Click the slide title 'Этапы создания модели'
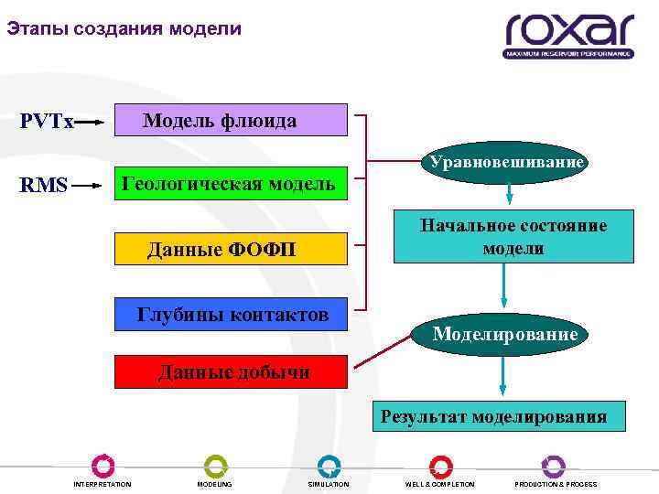click(124, 29)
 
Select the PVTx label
click(47, 122)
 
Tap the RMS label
click(44, 186)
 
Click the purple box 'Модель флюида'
click(231, 121)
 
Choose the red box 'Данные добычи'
click(231, 372)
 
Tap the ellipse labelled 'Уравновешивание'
click(503, 163)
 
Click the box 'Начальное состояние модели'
click(513, 236)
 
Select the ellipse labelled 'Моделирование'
click(504, 335)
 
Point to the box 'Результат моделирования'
click(494, 417)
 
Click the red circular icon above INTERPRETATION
click(103, 466)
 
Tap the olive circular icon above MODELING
click(215, 466)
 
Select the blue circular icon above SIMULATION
click(329, 466)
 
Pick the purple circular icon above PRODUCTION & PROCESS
click(553, 466)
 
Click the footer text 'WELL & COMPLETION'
click(440, 484)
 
